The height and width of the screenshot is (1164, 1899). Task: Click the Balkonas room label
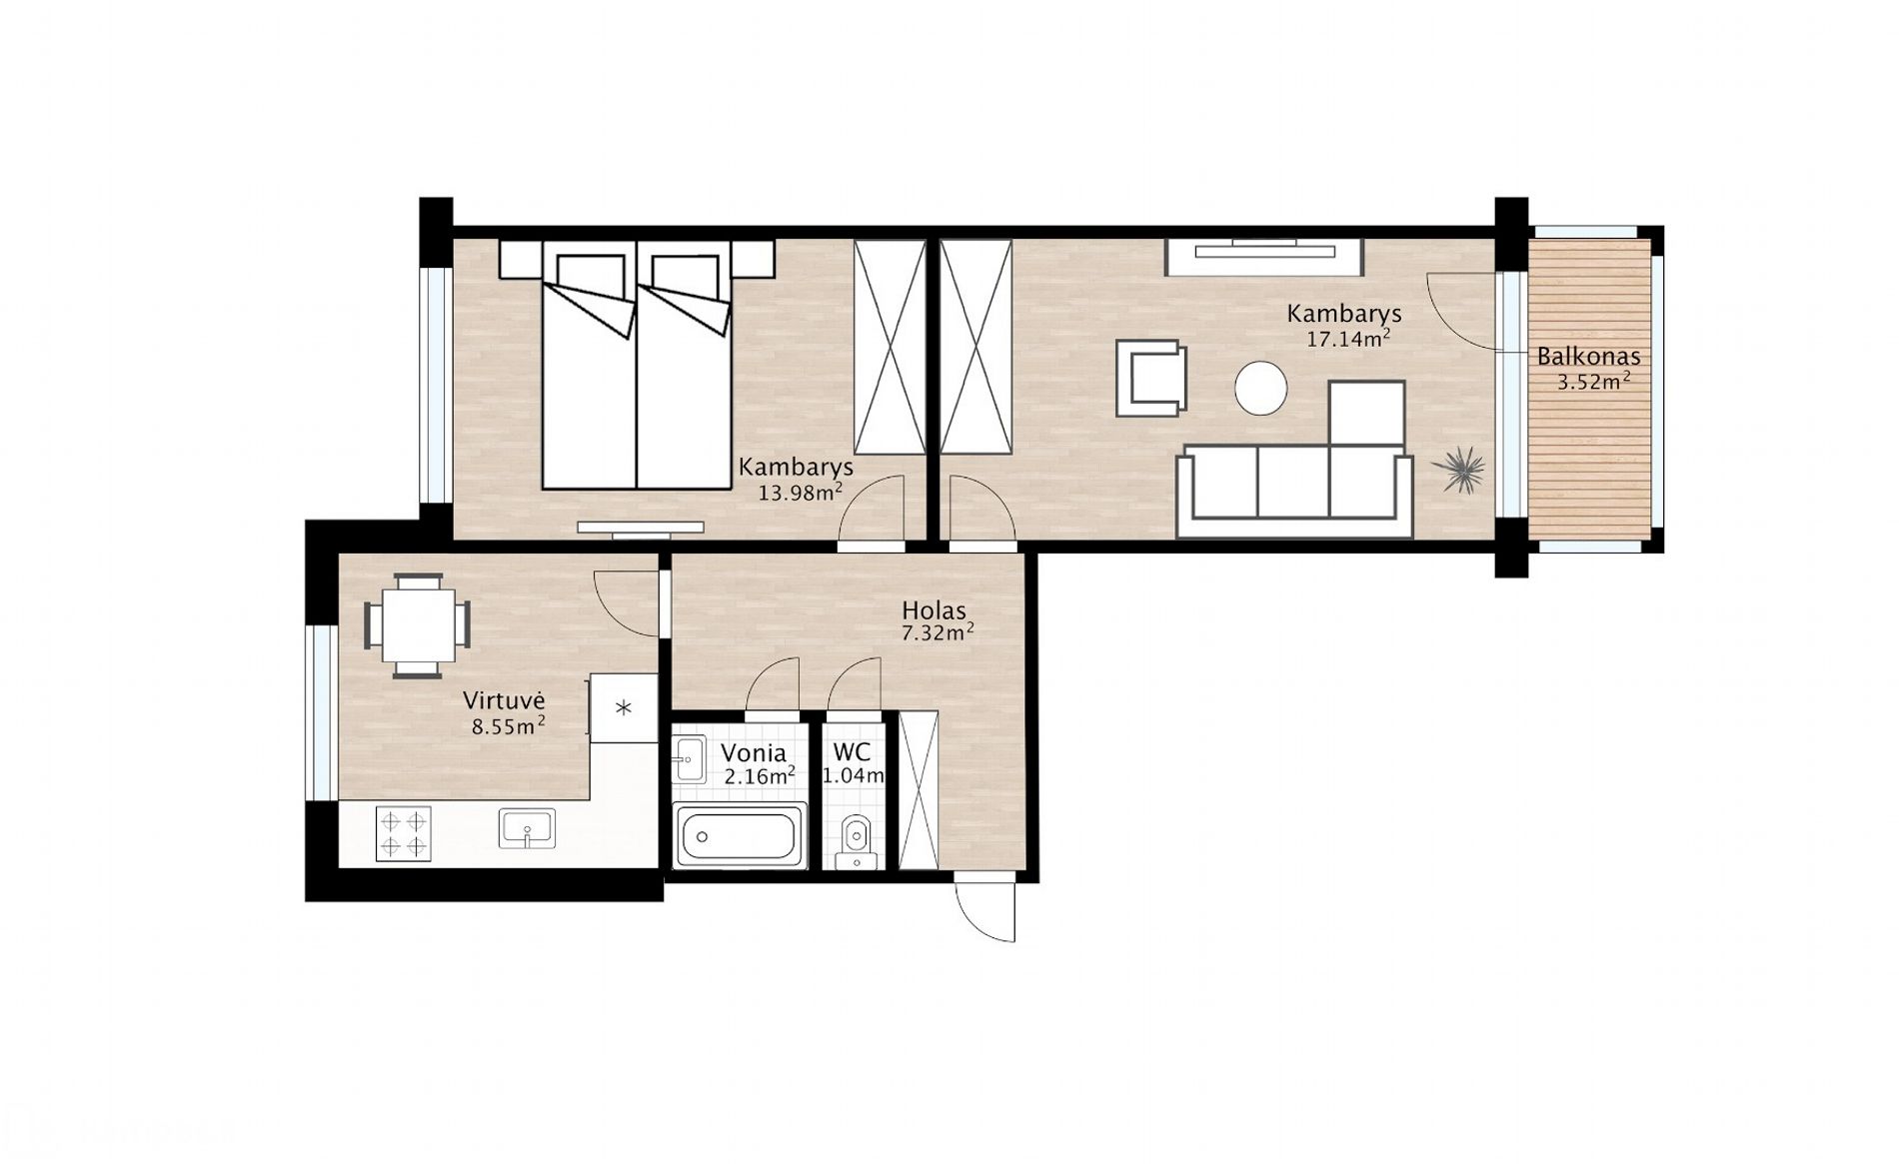tap(1588, 356)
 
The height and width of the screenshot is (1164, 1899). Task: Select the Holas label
tap(934, 609)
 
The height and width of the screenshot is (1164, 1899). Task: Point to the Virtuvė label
tap(503, 699)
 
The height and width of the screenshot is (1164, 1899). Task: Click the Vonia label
tap(754, 752)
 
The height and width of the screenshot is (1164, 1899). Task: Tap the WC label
tap(851, 752)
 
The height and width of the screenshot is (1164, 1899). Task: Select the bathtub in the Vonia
tap(740, 837)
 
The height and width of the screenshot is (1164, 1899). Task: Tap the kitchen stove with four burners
tap(403, 833)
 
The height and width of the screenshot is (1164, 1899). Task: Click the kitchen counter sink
tap(527, 828)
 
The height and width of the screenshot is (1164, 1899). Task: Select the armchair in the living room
tap(1152, 378)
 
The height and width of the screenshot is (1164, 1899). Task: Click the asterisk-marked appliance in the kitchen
tap(624, 708)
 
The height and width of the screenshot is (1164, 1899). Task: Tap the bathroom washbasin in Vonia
tap(689, 761)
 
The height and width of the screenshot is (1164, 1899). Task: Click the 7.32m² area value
tap(938, 632)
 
